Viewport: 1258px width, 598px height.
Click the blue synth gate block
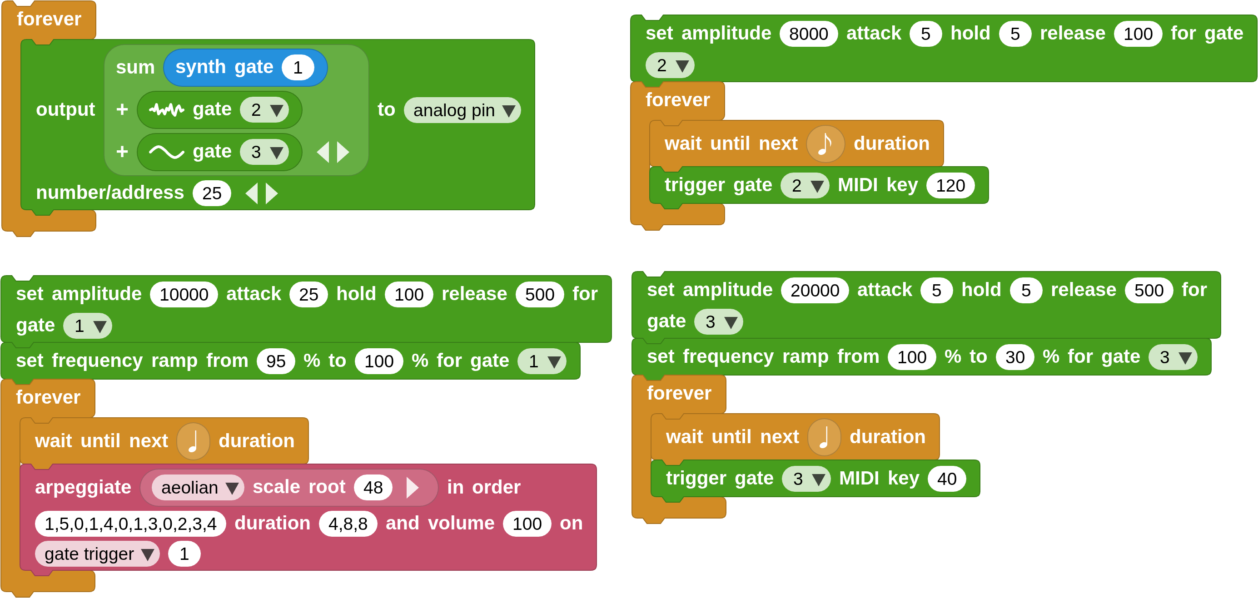point(224,67)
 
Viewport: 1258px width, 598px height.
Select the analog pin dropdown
point(462,110)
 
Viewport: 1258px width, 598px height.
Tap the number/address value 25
point(211,193)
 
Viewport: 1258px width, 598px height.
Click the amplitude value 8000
point(808,34)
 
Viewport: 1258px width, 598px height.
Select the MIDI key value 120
point(950,186)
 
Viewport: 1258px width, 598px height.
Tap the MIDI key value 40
point(946,479)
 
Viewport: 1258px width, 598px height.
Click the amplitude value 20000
point(815,291)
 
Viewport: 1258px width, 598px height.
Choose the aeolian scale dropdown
point(198,487)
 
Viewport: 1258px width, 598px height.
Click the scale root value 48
point(373,487)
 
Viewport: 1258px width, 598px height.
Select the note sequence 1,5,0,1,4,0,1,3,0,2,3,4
point(130,524)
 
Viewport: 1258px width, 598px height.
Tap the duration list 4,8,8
point(348,524)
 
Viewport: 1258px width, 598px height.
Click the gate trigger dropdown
point(97,554)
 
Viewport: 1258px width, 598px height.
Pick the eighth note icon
point(825,143)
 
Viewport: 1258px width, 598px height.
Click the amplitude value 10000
point(184,294)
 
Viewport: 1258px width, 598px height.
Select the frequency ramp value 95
point(276,361)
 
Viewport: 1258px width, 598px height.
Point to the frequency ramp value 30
point(1015,357)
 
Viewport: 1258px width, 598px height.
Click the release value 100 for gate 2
point(1138,34)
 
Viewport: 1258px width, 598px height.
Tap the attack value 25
point(308,294)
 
